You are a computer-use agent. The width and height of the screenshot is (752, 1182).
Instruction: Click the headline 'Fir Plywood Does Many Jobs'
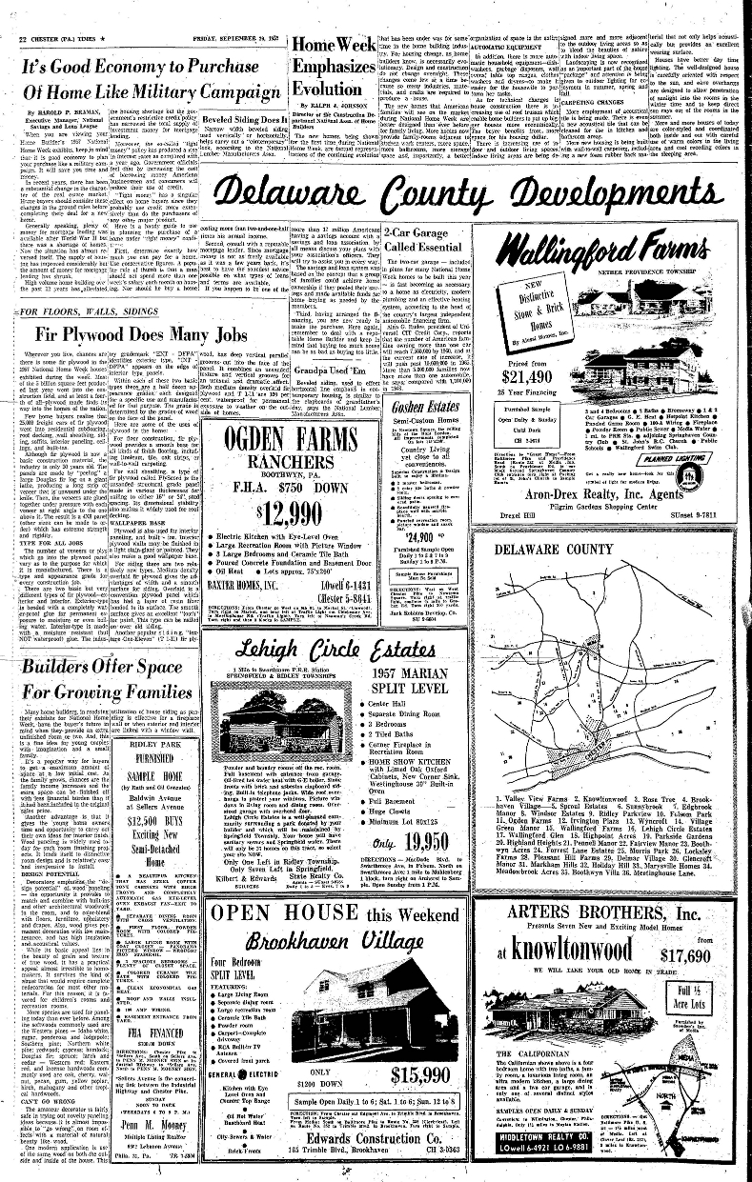[x=142, y=336]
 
